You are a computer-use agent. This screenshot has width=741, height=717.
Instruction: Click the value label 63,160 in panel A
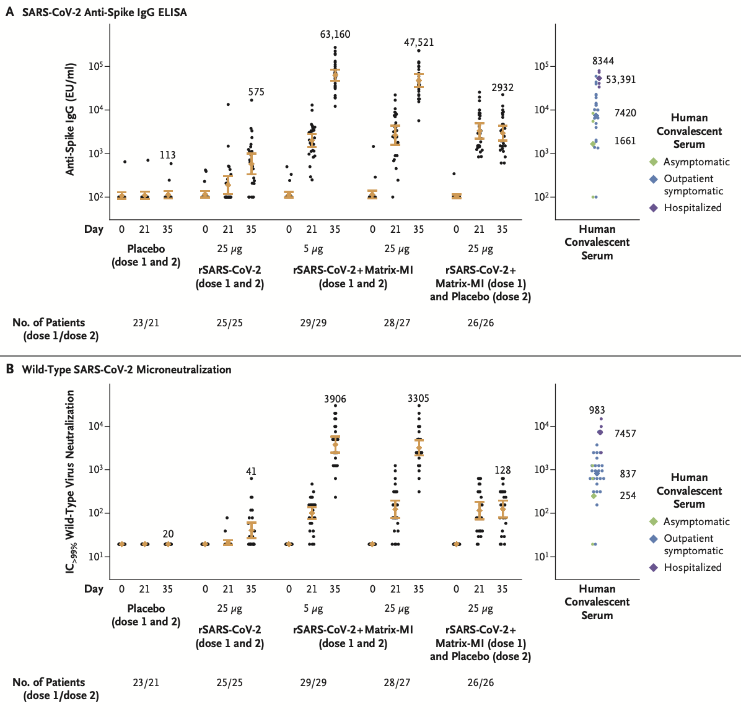point(335,35)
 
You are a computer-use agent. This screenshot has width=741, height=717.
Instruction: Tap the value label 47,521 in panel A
point(419,43)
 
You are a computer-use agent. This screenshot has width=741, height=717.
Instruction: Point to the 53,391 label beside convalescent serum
point(621,80)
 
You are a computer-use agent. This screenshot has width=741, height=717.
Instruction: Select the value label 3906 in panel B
point(335,399)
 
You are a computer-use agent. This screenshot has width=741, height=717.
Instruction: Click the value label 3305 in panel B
point(419,399)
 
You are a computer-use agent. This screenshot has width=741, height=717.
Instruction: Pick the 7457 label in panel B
point(625,434)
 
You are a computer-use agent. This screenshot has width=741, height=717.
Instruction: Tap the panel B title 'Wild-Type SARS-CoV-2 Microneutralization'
point(126,370)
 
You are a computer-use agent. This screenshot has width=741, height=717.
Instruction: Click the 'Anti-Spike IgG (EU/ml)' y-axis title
point(71,119)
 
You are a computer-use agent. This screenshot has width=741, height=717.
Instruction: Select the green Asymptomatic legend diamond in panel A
point(653,162)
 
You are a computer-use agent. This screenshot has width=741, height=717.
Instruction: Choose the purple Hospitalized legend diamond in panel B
point(653,567)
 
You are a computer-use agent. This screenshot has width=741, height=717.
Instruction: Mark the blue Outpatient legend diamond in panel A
point(653,179)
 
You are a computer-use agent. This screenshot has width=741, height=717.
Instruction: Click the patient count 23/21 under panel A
point(146,323)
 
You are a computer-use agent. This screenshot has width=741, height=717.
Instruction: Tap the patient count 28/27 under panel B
point(397,682)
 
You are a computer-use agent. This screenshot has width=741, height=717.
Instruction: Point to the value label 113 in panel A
point(167,155)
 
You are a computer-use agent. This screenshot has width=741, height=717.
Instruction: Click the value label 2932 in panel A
point(502,88)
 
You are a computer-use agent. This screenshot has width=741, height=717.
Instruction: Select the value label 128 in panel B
point(502,471)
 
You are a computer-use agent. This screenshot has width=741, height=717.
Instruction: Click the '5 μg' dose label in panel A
point(313,249)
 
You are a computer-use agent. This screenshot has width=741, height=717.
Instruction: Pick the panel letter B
point(10,370)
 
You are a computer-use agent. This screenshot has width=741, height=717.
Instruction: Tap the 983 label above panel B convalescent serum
point(597,411)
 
